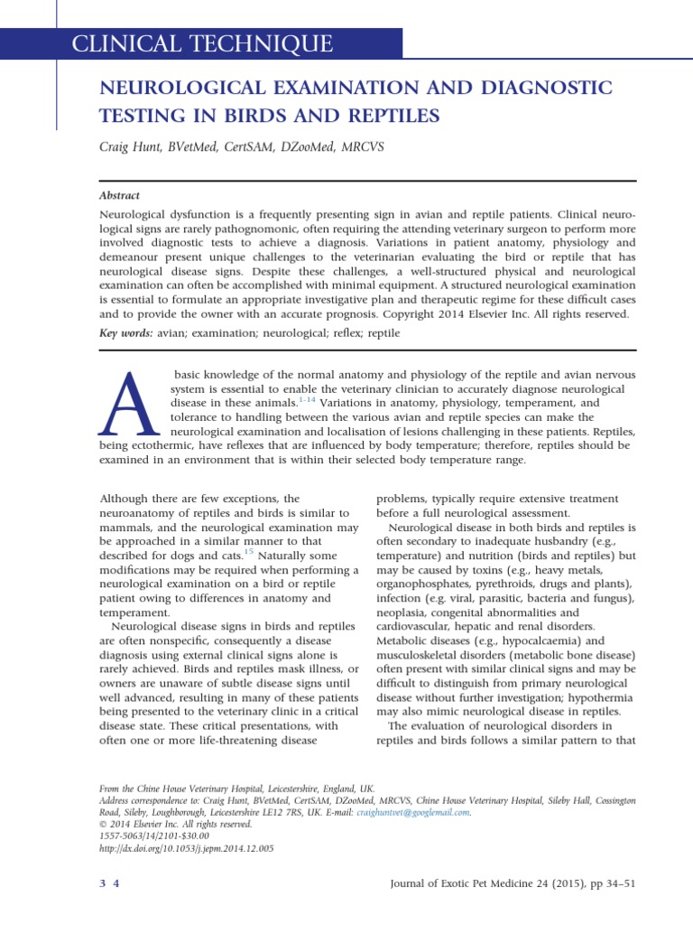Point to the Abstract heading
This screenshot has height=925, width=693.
coord(119,195)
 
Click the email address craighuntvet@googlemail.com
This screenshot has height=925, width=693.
coord(412,812)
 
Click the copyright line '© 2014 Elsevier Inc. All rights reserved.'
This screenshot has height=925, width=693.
coord(174,824)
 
